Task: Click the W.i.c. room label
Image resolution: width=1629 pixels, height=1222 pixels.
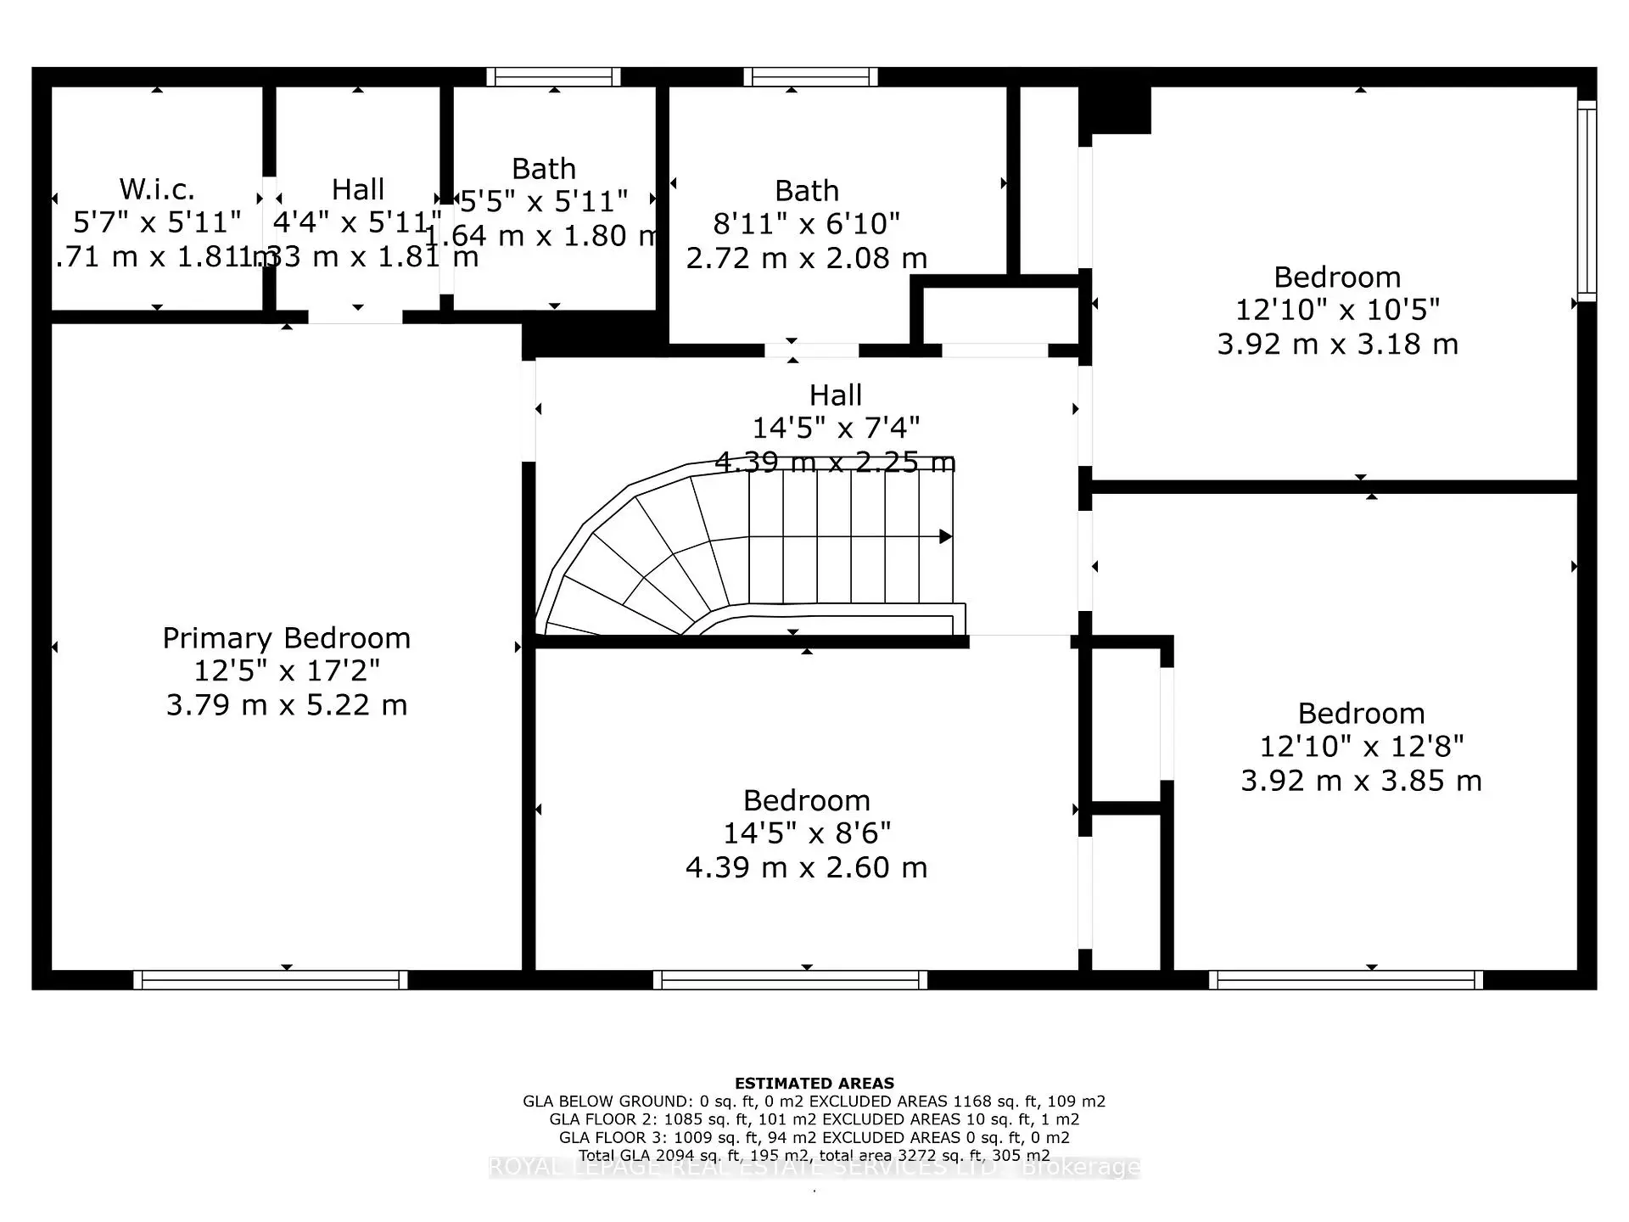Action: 157,188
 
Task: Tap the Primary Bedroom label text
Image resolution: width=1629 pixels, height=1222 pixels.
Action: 287,638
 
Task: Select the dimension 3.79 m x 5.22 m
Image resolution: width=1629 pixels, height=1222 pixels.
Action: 287,705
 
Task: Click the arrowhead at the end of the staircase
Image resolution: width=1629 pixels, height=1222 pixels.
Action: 945,536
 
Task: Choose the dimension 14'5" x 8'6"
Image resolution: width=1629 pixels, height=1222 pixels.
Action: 807,833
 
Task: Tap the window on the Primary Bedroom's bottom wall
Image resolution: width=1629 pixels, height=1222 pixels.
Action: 271,980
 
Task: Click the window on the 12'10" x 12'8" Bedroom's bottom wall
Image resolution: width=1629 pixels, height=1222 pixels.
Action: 1346,980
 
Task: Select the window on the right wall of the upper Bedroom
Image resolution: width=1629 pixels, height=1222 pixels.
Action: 1587,201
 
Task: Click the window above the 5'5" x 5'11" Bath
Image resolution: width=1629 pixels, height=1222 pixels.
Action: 553,77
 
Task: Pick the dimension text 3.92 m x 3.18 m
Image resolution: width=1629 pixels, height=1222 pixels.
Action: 1338,345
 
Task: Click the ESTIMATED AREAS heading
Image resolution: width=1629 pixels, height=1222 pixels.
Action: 814,1084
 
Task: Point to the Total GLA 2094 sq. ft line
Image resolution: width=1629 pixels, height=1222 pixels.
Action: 814,1156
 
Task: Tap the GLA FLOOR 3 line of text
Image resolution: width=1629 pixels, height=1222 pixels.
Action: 814,1138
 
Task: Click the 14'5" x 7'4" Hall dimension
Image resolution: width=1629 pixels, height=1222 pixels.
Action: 836,428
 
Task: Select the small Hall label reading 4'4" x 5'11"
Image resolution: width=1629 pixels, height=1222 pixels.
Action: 358,222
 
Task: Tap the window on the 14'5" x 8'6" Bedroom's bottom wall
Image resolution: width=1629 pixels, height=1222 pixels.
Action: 790,980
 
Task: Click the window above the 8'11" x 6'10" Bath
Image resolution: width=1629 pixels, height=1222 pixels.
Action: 810,77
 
